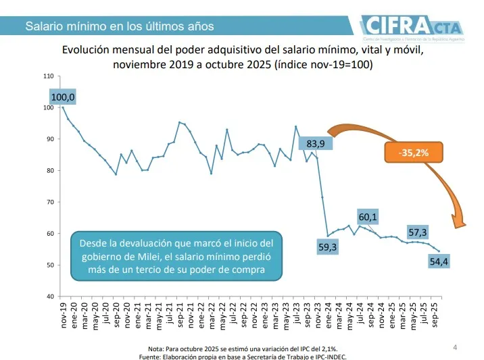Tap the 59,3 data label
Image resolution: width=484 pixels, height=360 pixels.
326,248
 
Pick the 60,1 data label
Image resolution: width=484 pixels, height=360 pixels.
368,217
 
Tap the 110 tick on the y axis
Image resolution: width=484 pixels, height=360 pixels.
48,76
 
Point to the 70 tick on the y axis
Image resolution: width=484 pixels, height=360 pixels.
49,202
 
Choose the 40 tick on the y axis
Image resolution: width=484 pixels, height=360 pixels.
49,297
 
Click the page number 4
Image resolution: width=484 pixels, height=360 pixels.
454,347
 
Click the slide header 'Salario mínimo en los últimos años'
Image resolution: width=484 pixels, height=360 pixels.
120,26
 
